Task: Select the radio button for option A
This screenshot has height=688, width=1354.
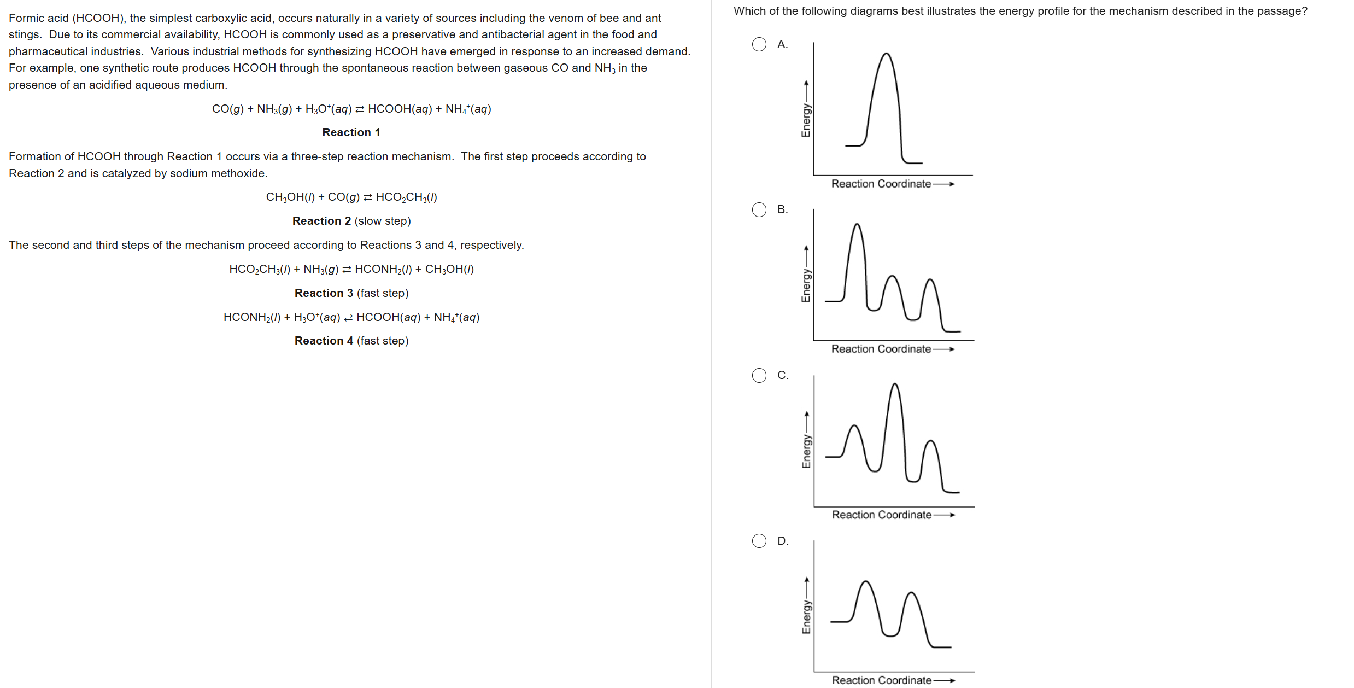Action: coord(759,44)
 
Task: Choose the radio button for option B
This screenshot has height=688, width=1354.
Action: coord(759,209)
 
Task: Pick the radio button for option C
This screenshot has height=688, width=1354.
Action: coord(759,375)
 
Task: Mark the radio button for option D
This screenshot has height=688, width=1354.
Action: coord(759,541)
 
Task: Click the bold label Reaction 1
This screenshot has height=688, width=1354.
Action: coord(351,132)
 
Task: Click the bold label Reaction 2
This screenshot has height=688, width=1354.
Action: coord(321,221)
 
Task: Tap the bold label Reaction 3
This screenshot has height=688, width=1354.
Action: coord(324,293)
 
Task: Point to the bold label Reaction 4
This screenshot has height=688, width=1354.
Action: coord(324,341)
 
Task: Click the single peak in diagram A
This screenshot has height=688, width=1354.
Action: coord(886,55)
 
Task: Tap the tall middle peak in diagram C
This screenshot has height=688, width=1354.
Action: coord(894,385)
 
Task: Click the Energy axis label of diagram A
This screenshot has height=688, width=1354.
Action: coord(806,120)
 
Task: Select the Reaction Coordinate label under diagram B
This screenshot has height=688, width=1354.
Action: coord(881,349)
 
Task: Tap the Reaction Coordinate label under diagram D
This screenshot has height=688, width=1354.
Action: coord(881,680)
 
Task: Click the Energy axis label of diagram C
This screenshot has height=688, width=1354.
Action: coord(806,451)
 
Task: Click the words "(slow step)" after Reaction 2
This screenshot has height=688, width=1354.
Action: coord(383,221)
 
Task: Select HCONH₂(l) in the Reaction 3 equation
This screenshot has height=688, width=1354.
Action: coord(383,269)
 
